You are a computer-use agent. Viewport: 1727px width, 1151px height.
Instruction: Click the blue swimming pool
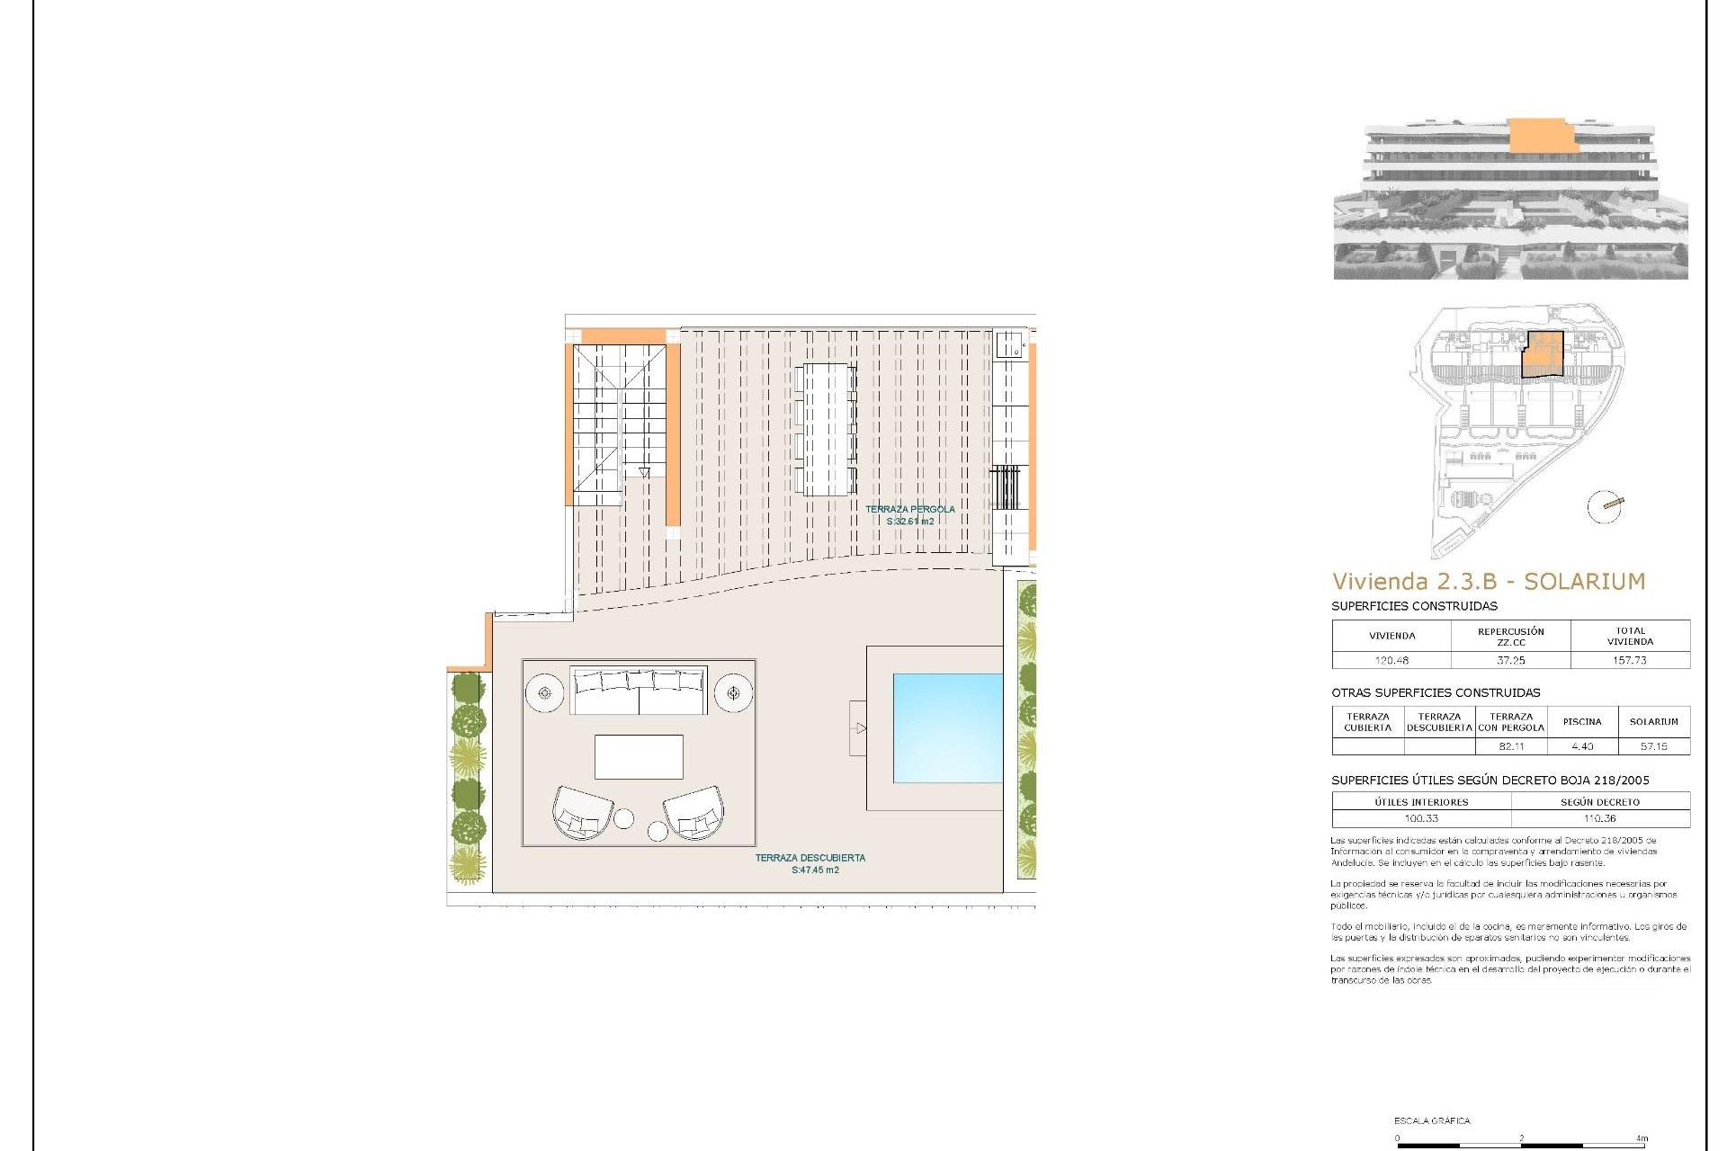click(947, 727)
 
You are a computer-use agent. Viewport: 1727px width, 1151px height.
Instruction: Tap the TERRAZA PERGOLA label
click(910, 509)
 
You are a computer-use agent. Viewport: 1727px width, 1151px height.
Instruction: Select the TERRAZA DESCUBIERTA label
click(810, 858)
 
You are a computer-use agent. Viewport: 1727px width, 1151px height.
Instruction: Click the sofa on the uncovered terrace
click(639, 691)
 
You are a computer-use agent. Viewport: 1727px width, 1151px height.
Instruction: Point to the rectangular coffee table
click(639, 756)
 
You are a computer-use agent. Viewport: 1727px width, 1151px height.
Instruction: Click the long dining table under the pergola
click(826, 429)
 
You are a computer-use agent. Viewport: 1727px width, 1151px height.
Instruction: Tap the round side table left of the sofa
click(544, 693)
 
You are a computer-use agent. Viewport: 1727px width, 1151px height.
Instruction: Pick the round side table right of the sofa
click(734, 693)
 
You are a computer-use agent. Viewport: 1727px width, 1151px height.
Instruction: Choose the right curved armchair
click(693, 812)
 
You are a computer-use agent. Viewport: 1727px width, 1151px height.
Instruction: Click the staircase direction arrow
click(644, 472)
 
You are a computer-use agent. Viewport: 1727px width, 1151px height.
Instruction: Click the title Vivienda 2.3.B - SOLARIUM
click(1488, 582)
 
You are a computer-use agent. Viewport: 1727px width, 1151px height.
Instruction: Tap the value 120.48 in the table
click(1391, 660)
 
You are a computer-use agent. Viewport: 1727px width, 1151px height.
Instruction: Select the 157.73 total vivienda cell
click(1630, 660)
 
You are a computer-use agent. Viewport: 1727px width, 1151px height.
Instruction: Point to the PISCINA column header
click(1582, 722)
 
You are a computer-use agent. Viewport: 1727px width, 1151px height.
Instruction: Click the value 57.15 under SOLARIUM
click(1653, 746)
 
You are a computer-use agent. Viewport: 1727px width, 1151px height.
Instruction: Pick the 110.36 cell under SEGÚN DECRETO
click(1600, 818)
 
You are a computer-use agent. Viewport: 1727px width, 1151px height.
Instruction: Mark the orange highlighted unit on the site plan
click(1542, 354)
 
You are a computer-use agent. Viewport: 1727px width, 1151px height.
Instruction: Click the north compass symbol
click(1606, 506)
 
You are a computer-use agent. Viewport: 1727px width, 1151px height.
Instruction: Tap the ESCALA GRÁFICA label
click(1432, 1120)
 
